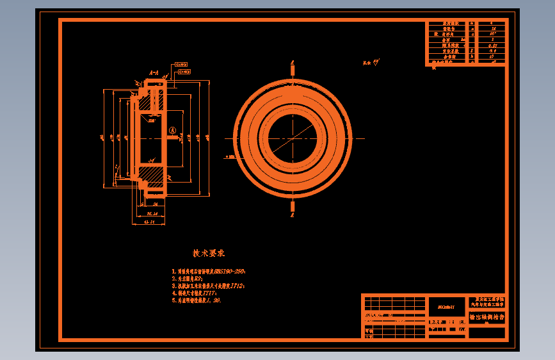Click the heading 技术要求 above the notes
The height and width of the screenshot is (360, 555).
209,254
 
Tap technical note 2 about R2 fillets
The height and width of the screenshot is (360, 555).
188,279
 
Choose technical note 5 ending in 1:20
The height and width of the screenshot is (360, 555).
196,300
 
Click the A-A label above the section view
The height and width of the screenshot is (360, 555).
154,74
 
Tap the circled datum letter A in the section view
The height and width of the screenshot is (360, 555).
172,131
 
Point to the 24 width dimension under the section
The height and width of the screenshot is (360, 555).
156,205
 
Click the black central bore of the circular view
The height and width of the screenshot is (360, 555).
293,138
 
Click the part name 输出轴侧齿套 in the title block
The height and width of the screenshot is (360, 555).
487,316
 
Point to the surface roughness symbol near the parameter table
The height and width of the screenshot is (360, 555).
375,62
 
